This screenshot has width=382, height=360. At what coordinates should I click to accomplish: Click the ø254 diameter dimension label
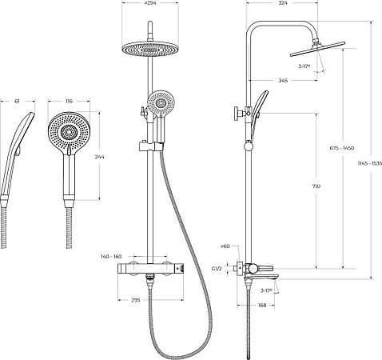(149, 3)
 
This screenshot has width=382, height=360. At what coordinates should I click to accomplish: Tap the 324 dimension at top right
(283, 3)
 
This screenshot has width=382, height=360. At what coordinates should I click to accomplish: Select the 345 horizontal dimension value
(283, 80)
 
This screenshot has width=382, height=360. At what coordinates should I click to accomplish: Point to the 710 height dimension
(316, 186)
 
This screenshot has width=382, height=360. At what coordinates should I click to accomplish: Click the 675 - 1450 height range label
(342, 148)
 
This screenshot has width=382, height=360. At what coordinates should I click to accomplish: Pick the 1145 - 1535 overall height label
(370, 163)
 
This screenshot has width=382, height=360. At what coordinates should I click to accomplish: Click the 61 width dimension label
(17, 101)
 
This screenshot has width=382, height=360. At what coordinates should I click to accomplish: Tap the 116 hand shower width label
(69, 101)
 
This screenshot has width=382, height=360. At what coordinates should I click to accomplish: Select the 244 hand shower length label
(100, 157)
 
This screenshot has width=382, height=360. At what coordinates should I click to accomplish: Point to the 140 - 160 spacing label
(111, 257)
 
